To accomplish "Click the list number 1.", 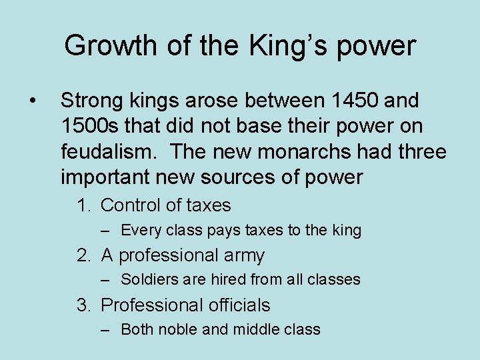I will [83, 205].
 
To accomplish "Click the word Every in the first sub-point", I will [138, 231].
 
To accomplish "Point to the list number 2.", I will [83, 255].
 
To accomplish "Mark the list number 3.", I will [83, 305].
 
